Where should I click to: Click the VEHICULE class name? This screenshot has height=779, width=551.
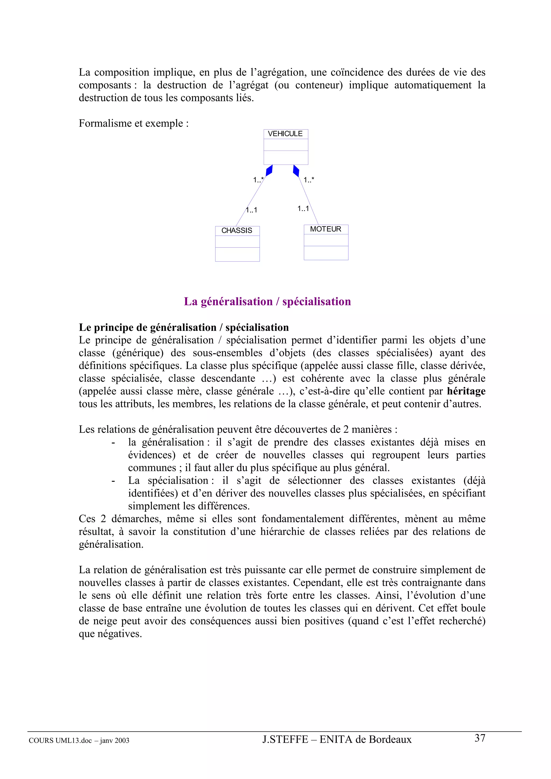[x=285, y=134]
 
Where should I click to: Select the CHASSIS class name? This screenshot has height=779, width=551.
[x=237, y=230]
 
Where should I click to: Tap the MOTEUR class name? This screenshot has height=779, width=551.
[x=326, y=229]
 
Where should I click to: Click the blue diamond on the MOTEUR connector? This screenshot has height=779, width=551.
[x=296, y=170]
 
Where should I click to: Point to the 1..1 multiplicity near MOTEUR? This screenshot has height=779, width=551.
[x=303, y=209]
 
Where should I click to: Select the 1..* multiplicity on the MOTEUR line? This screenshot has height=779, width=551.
[x=309, y=180]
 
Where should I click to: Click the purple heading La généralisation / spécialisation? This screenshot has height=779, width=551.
[x=267, y=301]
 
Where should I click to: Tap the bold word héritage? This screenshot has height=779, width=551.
[x=466, y=391]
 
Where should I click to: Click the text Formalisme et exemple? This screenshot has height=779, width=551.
[x=133, y=123]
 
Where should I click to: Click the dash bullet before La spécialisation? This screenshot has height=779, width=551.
[x=113, y=481]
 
